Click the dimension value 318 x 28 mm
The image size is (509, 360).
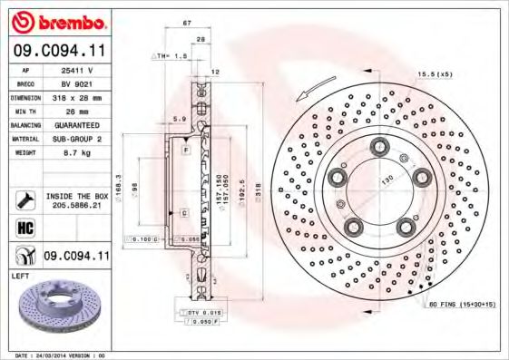point(76,95)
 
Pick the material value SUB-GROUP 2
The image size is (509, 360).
point(76,138)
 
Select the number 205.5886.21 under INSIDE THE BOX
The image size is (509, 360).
point(76,206)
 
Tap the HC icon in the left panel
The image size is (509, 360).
point(24,229)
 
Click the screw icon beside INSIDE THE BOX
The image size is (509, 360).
point(24,199)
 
